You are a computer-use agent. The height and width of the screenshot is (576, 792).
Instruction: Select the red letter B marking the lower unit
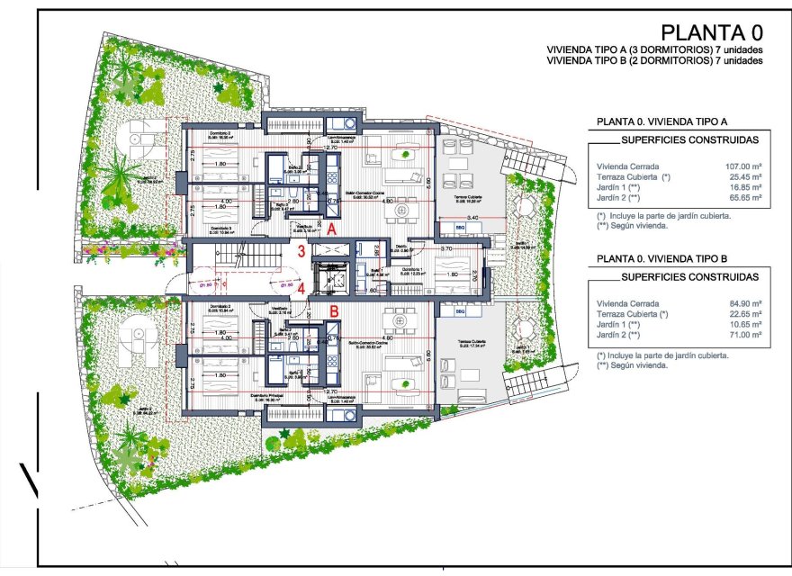click(x=333, y=311)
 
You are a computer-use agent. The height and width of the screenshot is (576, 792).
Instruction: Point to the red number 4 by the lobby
click(x=302, y=289)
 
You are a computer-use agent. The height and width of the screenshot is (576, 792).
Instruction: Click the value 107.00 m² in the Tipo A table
click(x=743, y=166)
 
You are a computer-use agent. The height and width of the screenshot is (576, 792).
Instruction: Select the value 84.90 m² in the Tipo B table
click(x=743, y=304)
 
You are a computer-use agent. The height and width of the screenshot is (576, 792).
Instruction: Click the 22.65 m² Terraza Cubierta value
click(x=744, y=314)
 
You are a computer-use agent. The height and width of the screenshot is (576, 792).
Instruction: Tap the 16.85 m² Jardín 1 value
click(x=744, y=186)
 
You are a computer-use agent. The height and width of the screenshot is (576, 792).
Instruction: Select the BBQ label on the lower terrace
click(x=462, y=311)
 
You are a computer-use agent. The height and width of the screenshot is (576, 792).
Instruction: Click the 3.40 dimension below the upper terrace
click(x=472, y=219)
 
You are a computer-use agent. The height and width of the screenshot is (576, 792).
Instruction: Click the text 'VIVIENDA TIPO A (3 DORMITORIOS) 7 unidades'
click(x=654, y=50)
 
